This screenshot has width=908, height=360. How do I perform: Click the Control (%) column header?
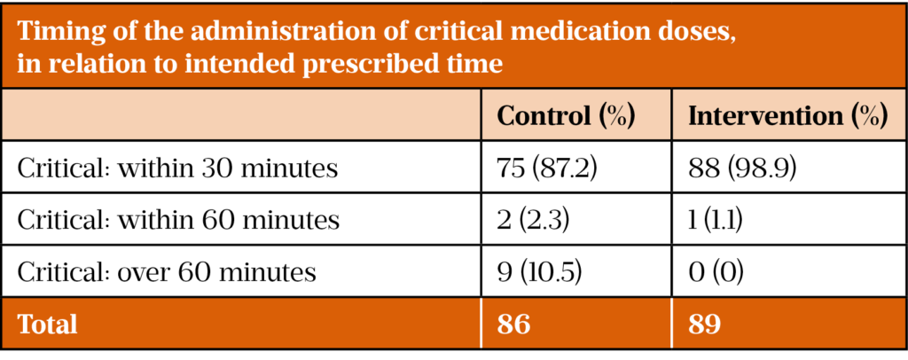click(566, 117)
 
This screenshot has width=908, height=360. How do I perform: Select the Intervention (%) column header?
click(787, 117)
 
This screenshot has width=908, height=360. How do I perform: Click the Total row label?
click(47, 325)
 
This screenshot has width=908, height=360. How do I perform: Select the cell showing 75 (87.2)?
click(544, 168)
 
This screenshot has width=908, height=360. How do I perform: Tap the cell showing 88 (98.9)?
click(741, 168)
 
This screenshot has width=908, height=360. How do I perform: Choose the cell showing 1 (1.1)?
click(718, 220)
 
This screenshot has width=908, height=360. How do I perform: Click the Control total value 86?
click(514, 325)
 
